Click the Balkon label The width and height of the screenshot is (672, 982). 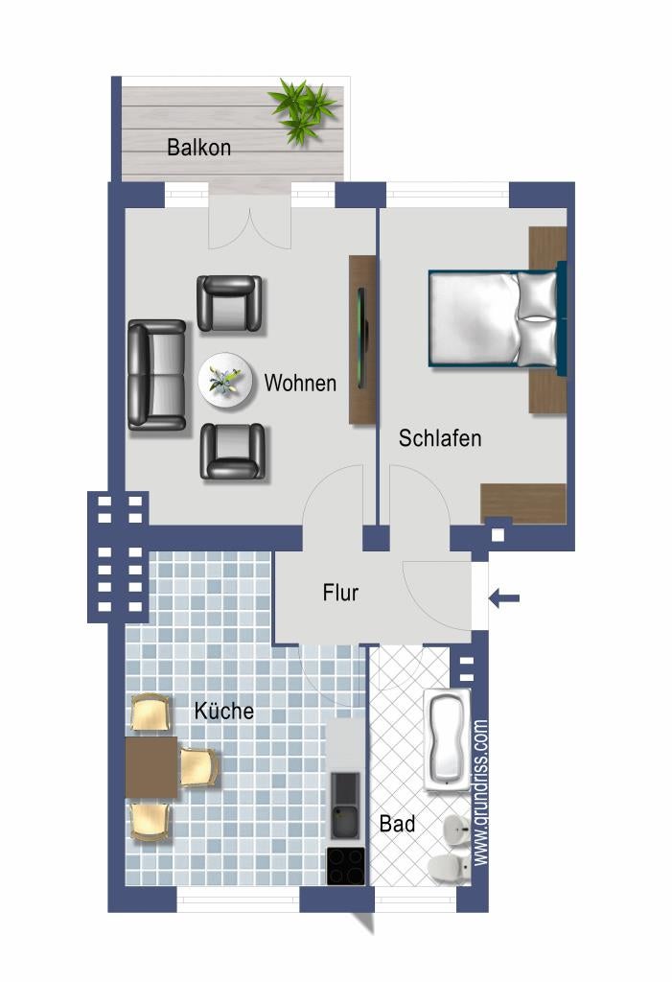[x=198, y=147]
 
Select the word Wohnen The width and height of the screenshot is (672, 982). [x=300, y=383]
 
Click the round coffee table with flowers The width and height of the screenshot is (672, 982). [x=225, y=381]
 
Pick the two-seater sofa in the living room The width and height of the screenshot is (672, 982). [x=157, y=375]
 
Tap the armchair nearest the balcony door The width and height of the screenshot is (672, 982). [x=229, y=303]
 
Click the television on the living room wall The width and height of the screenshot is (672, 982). [x=361, y=339]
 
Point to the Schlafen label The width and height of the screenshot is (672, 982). [x=440, y=437]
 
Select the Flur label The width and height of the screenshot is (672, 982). [x=340, y=592]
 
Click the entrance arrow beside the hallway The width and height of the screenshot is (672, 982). [x=504, y=598]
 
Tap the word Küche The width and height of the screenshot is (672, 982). [x=223, y=711]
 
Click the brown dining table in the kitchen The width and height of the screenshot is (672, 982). [x=151, y=767]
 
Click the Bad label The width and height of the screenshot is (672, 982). [x=397, y=824]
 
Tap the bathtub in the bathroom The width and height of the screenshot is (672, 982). [x=447, y=740]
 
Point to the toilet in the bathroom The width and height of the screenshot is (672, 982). [x=449, y=868]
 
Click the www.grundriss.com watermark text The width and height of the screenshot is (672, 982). [x=480, y=793]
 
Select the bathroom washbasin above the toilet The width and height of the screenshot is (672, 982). [x=456, y=832]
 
